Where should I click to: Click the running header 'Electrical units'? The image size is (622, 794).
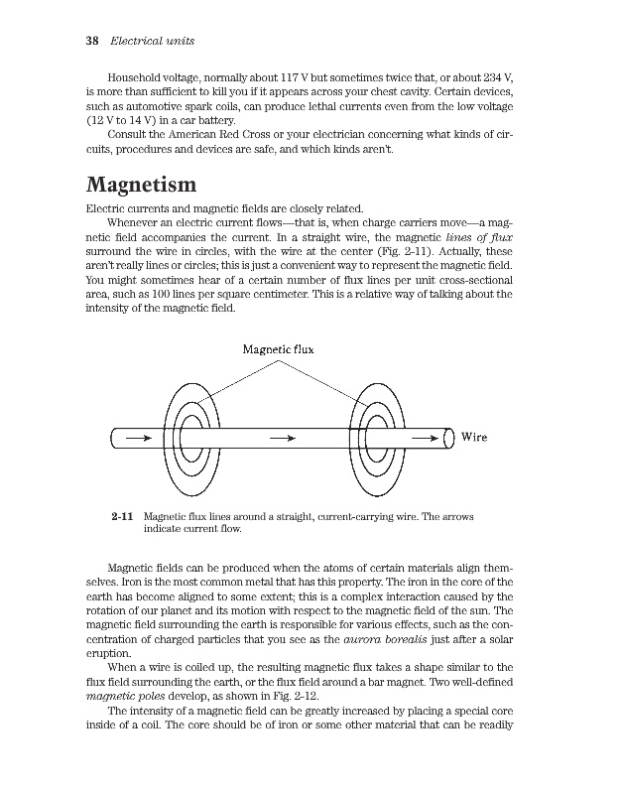pos(151,42)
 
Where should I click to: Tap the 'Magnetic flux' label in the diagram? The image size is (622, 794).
pos(279,348)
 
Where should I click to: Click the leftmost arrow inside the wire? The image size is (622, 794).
pos(140,437)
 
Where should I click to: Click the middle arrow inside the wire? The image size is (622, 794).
pos(277,437)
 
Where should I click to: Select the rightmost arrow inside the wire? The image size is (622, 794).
pos(425,437)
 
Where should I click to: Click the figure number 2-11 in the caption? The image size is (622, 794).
pos(123,517)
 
